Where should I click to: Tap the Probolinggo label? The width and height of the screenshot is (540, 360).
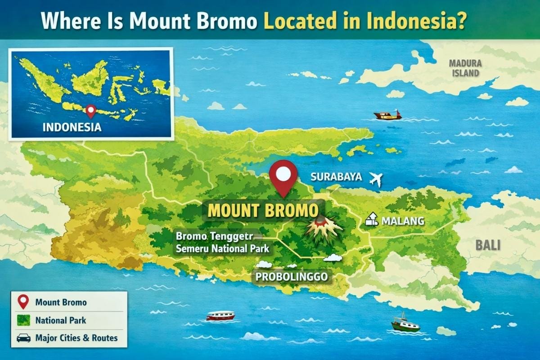tap(292, 277)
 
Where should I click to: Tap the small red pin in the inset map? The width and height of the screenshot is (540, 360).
tap(91, 110)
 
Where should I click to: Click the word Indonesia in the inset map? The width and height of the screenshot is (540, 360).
tap(72, 127)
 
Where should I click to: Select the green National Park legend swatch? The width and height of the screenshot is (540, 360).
tap(23, 320)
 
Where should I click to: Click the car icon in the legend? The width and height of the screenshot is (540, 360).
tap(23, 337)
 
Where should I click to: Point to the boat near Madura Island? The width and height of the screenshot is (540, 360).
tap(388, 115)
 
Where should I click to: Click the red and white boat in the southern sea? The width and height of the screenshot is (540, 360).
tap(220, 315)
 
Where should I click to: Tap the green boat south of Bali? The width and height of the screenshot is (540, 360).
tap(405, 324)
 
